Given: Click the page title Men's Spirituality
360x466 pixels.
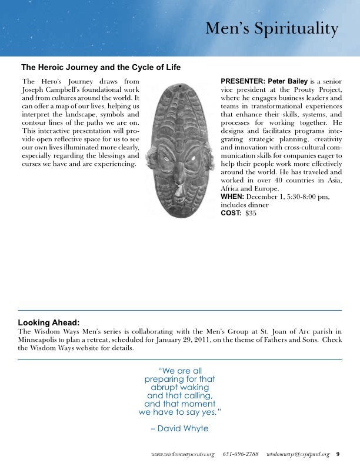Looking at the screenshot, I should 272,29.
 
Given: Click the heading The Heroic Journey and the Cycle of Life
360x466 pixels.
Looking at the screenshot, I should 101,67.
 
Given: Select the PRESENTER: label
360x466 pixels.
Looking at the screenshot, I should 243,80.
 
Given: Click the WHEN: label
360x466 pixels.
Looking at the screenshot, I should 232,196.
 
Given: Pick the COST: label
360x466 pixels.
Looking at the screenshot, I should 231,213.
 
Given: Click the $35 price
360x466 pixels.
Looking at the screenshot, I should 251,213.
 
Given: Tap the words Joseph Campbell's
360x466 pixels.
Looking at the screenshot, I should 48,89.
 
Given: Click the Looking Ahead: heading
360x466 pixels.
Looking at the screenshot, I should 49,322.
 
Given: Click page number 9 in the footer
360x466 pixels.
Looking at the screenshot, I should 338,454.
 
